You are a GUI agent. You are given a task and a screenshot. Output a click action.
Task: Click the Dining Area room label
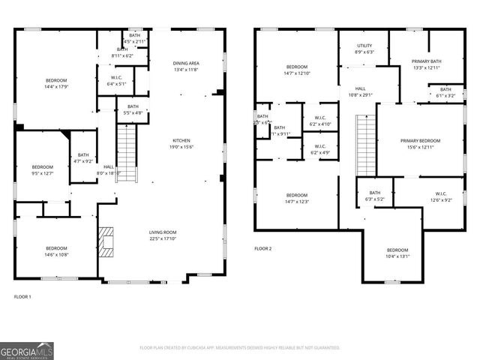185,66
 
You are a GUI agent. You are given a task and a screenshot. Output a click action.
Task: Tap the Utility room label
363,49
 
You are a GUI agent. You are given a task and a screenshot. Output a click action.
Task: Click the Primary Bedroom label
420,144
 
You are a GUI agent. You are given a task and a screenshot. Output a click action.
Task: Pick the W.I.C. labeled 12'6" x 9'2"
440,196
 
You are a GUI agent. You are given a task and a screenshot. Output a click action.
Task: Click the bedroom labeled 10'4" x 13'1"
397,253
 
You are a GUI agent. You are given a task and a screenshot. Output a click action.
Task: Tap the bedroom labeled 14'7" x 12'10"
296,70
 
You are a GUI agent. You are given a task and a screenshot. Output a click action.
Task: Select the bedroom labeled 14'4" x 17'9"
56,83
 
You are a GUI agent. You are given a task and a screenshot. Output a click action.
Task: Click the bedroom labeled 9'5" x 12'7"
43,170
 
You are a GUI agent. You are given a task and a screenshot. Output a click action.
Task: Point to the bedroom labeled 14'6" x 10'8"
56,251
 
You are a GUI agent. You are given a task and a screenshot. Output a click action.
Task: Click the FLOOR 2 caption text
262,249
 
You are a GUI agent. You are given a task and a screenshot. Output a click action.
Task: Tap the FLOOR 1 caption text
22,297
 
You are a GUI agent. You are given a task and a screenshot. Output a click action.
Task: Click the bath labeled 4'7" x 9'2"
83,158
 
